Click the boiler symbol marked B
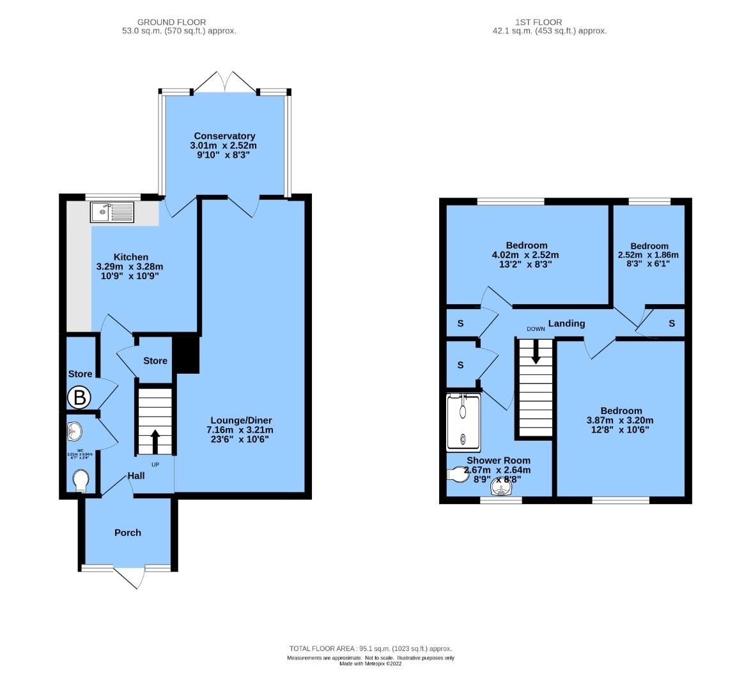[x=79, y=398]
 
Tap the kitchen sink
[x=111, y=211]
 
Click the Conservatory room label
[x=224, y=136]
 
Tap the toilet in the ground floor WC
[x=81, y=480]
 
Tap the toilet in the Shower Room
[x=458, y=475]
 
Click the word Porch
[x=128, y=533]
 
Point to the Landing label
[x=566, y=323]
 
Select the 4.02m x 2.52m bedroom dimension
[x=527, y=254]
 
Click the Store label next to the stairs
[x=155, y=361]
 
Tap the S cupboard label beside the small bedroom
[x=672, y=324]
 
